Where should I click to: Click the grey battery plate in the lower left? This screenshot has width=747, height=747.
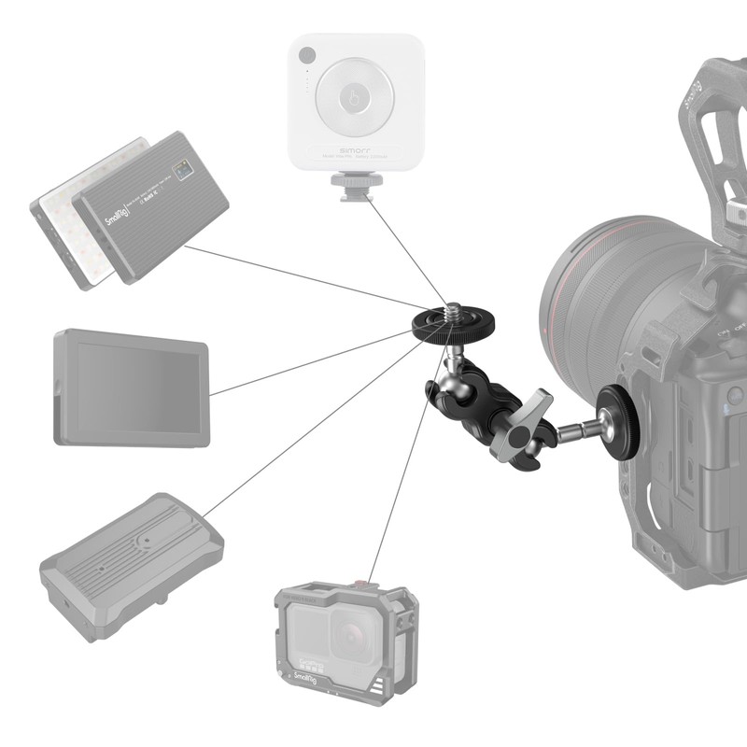coord(131,565)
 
